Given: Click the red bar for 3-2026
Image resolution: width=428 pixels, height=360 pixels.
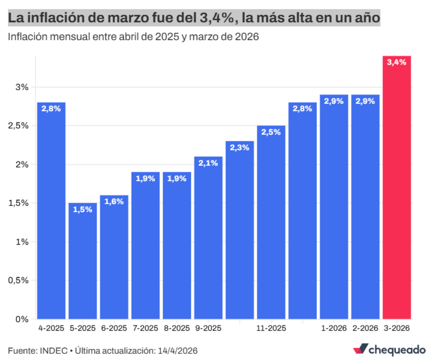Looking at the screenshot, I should pos(396,189).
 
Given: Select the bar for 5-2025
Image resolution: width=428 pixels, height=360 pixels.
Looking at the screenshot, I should pos(83,261).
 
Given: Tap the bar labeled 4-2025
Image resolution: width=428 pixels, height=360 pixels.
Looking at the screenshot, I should pos(51,211).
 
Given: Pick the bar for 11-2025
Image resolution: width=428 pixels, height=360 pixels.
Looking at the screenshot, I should pos(271,222).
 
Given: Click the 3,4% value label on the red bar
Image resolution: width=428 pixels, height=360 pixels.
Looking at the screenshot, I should pos(396,62).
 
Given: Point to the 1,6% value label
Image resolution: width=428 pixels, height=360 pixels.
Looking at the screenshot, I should pos(114,201).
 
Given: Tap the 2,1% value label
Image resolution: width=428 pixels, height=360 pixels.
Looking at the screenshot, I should pos(208,163).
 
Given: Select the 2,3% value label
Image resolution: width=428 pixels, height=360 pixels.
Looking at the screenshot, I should pos(240,147).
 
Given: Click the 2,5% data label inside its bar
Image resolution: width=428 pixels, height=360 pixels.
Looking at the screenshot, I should pos(271,132).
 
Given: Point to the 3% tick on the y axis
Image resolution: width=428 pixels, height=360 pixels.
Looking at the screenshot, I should pos(22,87).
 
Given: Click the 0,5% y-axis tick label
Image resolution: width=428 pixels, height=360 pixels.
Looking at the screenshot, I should pos(18,281).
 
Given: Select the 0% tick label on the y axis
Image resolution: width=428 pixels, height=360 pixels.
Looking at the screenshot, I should pos(22,319).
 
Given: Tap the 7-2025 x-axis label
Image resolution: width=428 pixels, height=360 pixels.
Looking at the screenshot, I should pos(146,328).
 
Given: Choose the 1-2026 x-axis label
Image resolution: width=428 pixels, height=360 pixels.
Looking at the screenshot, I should pos(334,328).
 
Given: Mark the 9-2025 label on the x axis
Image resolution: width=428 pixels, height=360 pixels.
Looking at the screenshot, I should pos(208,328).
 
